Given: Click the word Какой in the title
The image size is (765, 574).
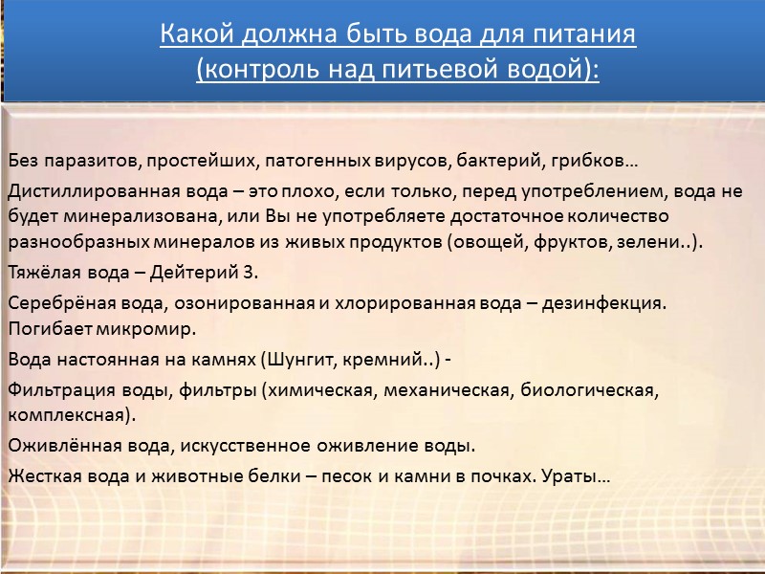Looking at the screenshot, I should click(x=191, y=36).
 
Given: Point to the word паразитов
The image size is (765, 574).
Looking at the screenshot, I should click(x=85, y=158).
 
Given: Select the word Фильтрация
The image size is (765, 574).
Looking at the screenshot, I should click(x=53, y=390).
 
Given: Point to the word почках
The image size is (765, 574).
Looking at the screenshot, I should click(x=486, y=476).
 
